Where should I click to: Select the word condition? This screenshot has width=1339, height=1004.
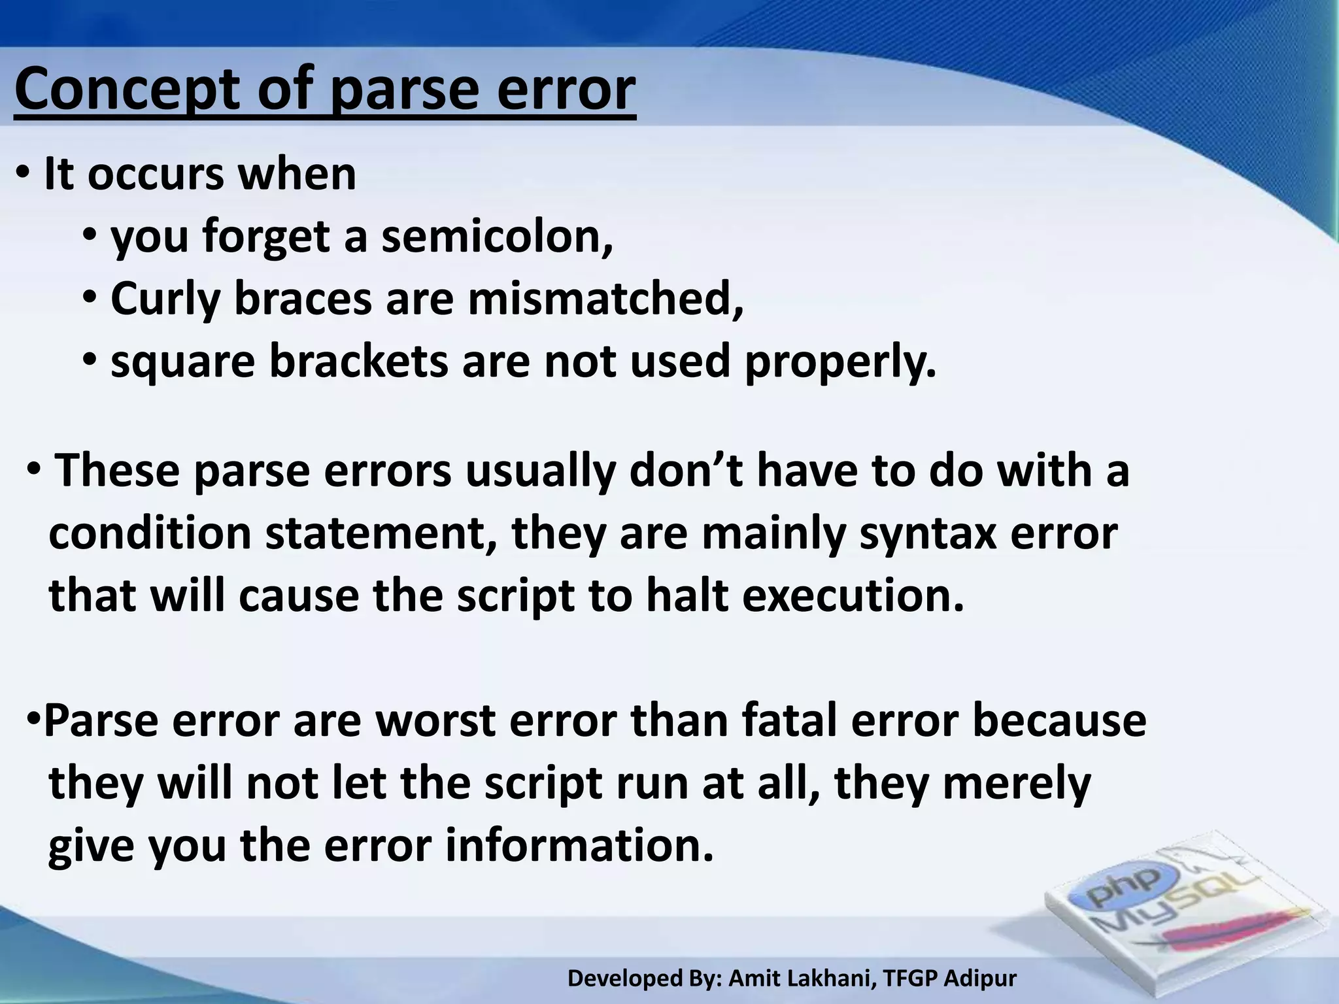(150, 533)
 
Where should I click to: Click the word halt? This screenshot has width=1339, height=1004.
(686, 596)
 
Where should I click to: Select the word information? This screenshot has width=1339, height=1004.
(579, 846)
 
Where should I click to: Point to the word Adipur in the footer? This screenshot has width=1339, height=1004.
(981, 979)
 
